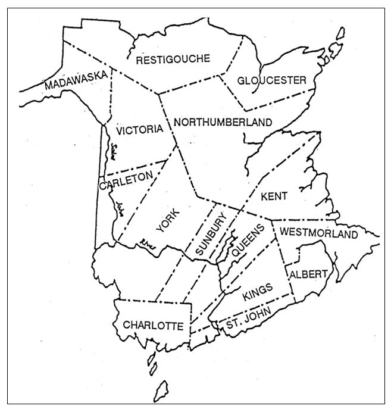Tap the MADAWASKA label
(76, 81)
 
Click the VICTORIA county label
(140, 130)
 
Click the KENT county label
(274, 196)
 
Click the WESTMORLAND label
(319, 233)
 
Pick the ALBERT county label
(308, 274)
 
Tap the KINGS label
(258, 289)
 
